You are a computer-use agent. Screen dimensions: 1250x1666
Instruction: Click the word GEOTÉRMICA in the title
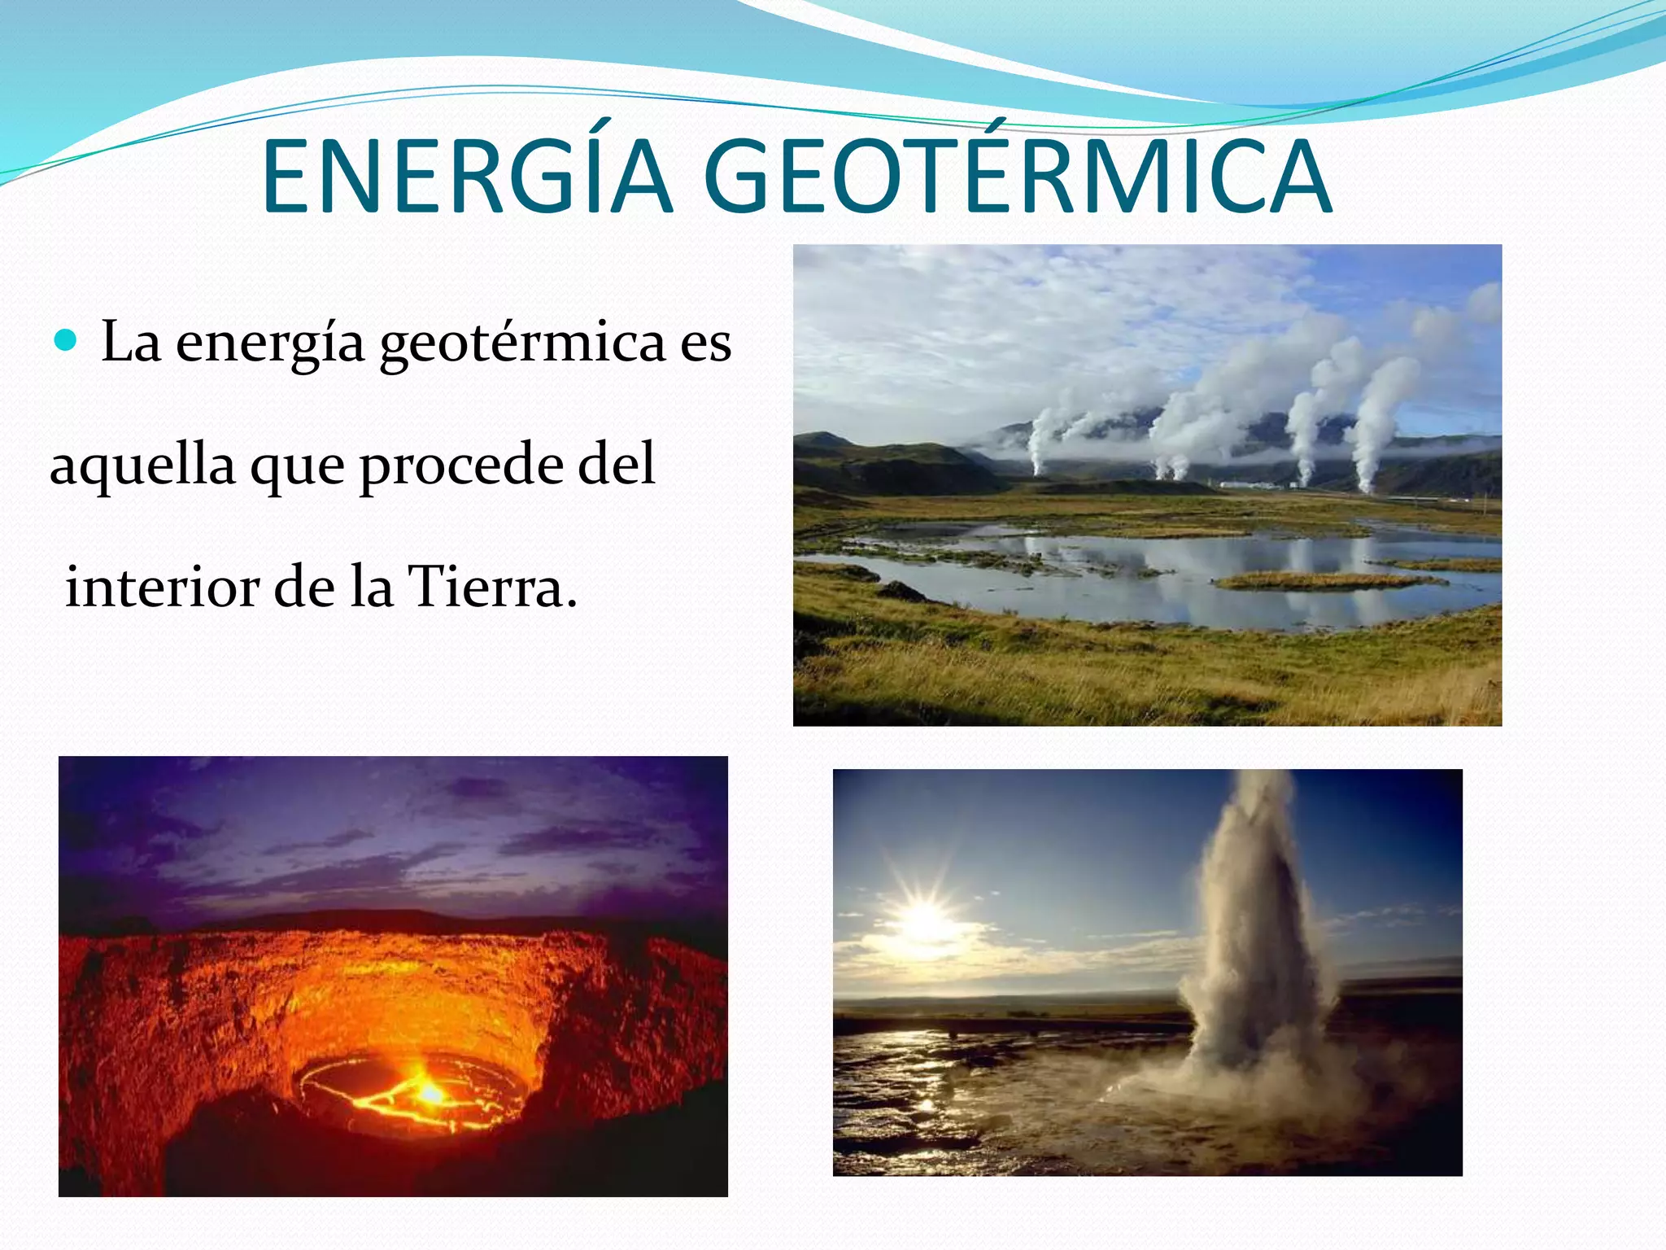1017,177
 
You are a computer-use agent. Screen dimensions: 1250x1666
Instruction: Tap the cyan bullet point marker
64,339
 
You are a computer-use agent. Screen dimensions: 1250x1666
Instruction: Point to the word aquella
142,465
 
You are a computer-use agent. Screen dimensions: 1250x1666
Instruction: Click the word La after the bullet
130,342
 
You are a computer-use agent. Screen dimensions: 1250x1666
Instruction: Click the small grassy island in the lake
1318,581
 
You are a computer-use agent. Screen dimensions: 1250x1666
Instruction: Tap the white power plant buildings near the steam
1253,485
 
